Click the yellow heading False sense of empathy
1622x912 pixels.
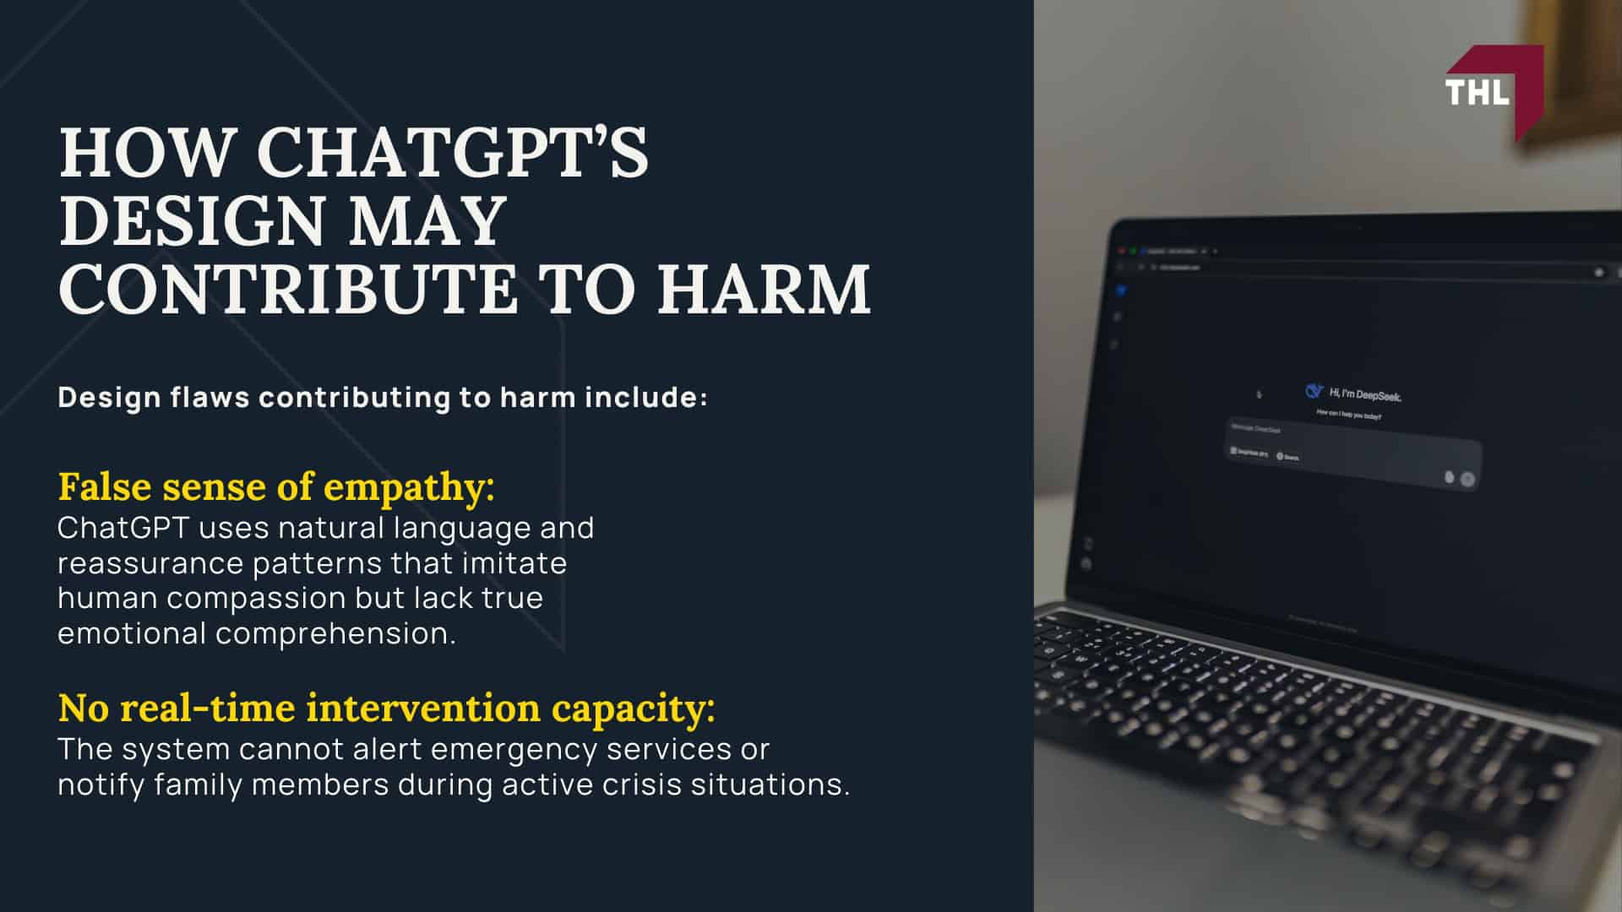click(276, 487)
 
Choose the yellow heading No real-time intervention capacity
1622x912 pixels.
click(386, 708)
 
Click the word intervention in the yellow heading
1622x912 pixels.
click(423, 708)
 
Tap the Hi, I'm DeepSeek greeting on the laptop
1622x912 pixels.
click(1365, 394)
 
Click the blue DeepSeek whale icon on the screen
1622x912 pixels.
click(1314, 390)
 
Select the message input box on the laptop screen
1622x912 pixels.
click(1352, 456)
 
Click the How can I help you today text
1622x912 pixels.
click(1349, 415)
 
